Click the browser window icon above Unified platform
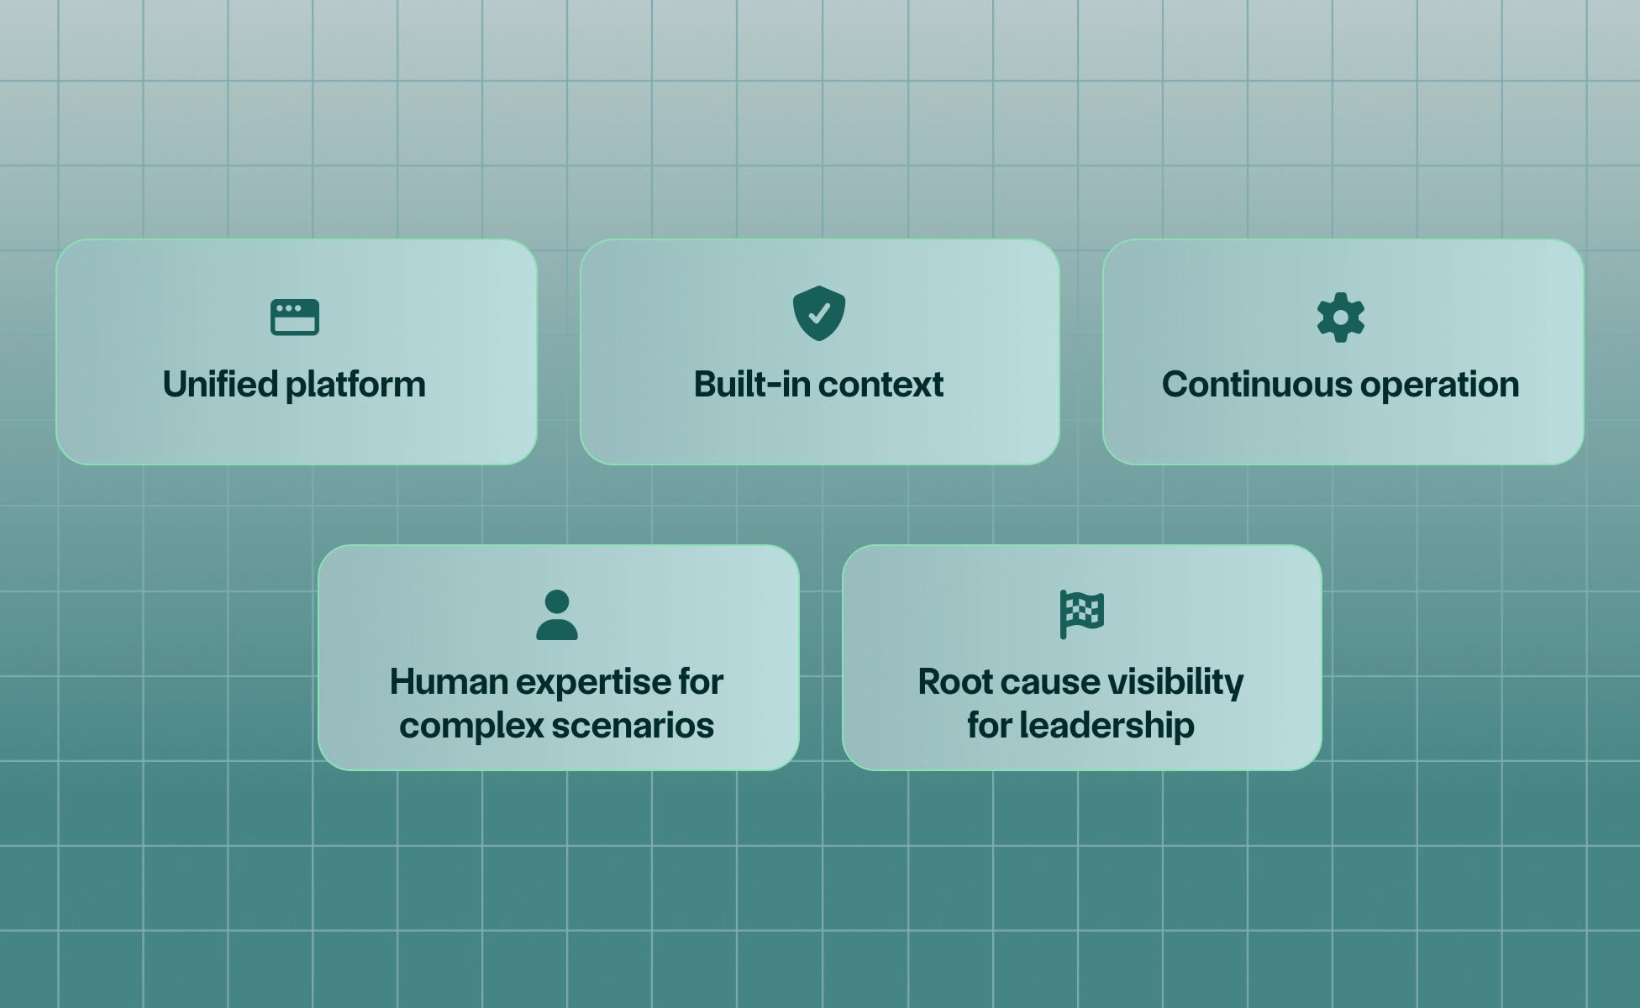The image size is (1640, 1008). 295,318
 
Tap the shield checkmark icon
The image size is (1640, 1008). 818,313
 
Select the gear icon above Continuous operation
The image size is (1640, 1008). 1341,318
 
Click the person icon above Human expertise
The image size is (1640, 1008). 556,615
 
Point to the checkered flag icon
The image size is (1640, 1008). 1082,614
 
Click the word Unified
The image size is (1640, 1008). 220,385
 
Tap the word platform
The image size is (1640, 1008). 355,385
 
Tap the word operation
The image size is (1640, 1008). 1439,385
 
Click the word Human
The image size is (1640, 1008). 448,682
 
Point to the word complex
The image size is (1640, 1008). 470,726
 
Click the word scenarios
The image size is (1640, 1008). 633,726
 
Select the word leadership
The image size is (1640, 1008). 1106,726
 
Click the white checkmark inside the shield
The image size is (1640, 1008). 818,313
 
